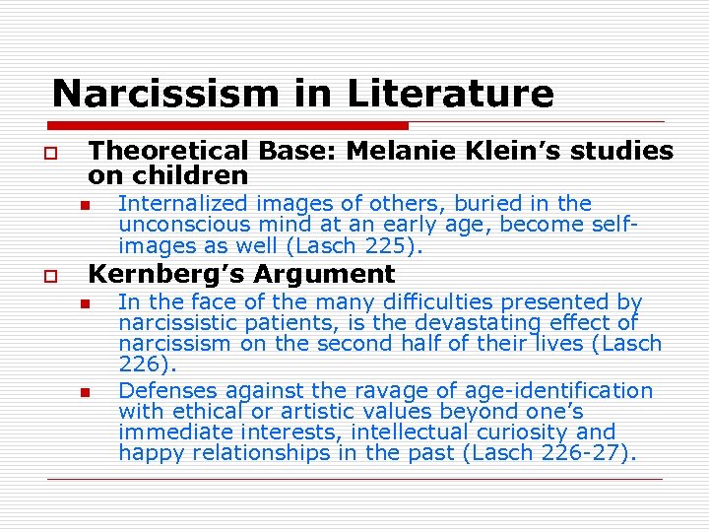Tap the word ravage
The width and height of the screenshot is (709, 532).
[360, 391]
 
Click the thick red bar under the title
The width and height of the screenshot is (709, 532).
[226, 125]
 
